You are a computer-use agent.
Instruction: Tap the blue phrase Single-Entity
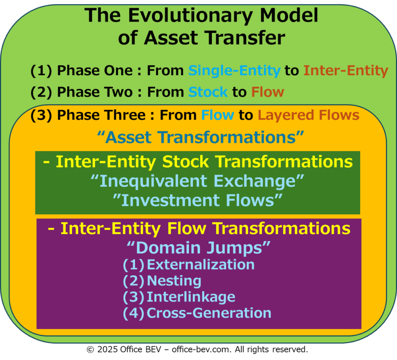tap(235, 71)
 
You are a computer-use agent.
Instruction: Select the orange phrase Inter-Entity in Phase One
tap(346, 71)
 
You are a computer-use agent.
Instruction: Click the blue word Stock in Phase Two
tap(208, 92)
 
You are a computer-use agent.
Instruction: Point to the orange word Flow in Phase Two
tap(268, 92)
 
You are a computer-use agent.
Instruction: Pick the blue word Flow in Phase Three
tap(217, 115)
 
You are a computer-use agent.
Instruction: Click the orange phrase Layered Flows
tap(308, 115)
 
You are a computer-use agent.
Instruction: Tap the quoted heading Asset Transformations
tap(200, 138)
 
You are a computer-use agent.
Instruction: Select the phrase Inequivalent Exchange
tap(197, 181)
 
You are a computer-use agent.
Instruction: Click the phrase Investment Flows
tap(198, 201)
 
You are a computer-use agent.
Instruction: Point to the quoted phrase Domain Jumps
tap(199, 248)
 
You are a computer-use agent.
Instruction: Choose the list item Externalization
tap(200, 265)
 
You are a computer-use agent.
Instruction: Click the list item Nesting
tap(174, 281)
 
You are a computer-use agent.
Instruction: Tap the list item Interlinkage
tap(191, 297)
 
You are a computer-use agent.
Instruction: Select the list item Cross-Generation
tap(209, 313)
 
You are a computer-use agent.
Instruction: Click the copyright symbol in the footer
tap(90, 350)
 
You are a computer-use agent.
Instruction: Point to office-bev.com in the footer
tap(202, 350)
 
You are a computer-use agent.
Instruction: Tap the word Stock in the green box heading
tap(185, 162)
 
